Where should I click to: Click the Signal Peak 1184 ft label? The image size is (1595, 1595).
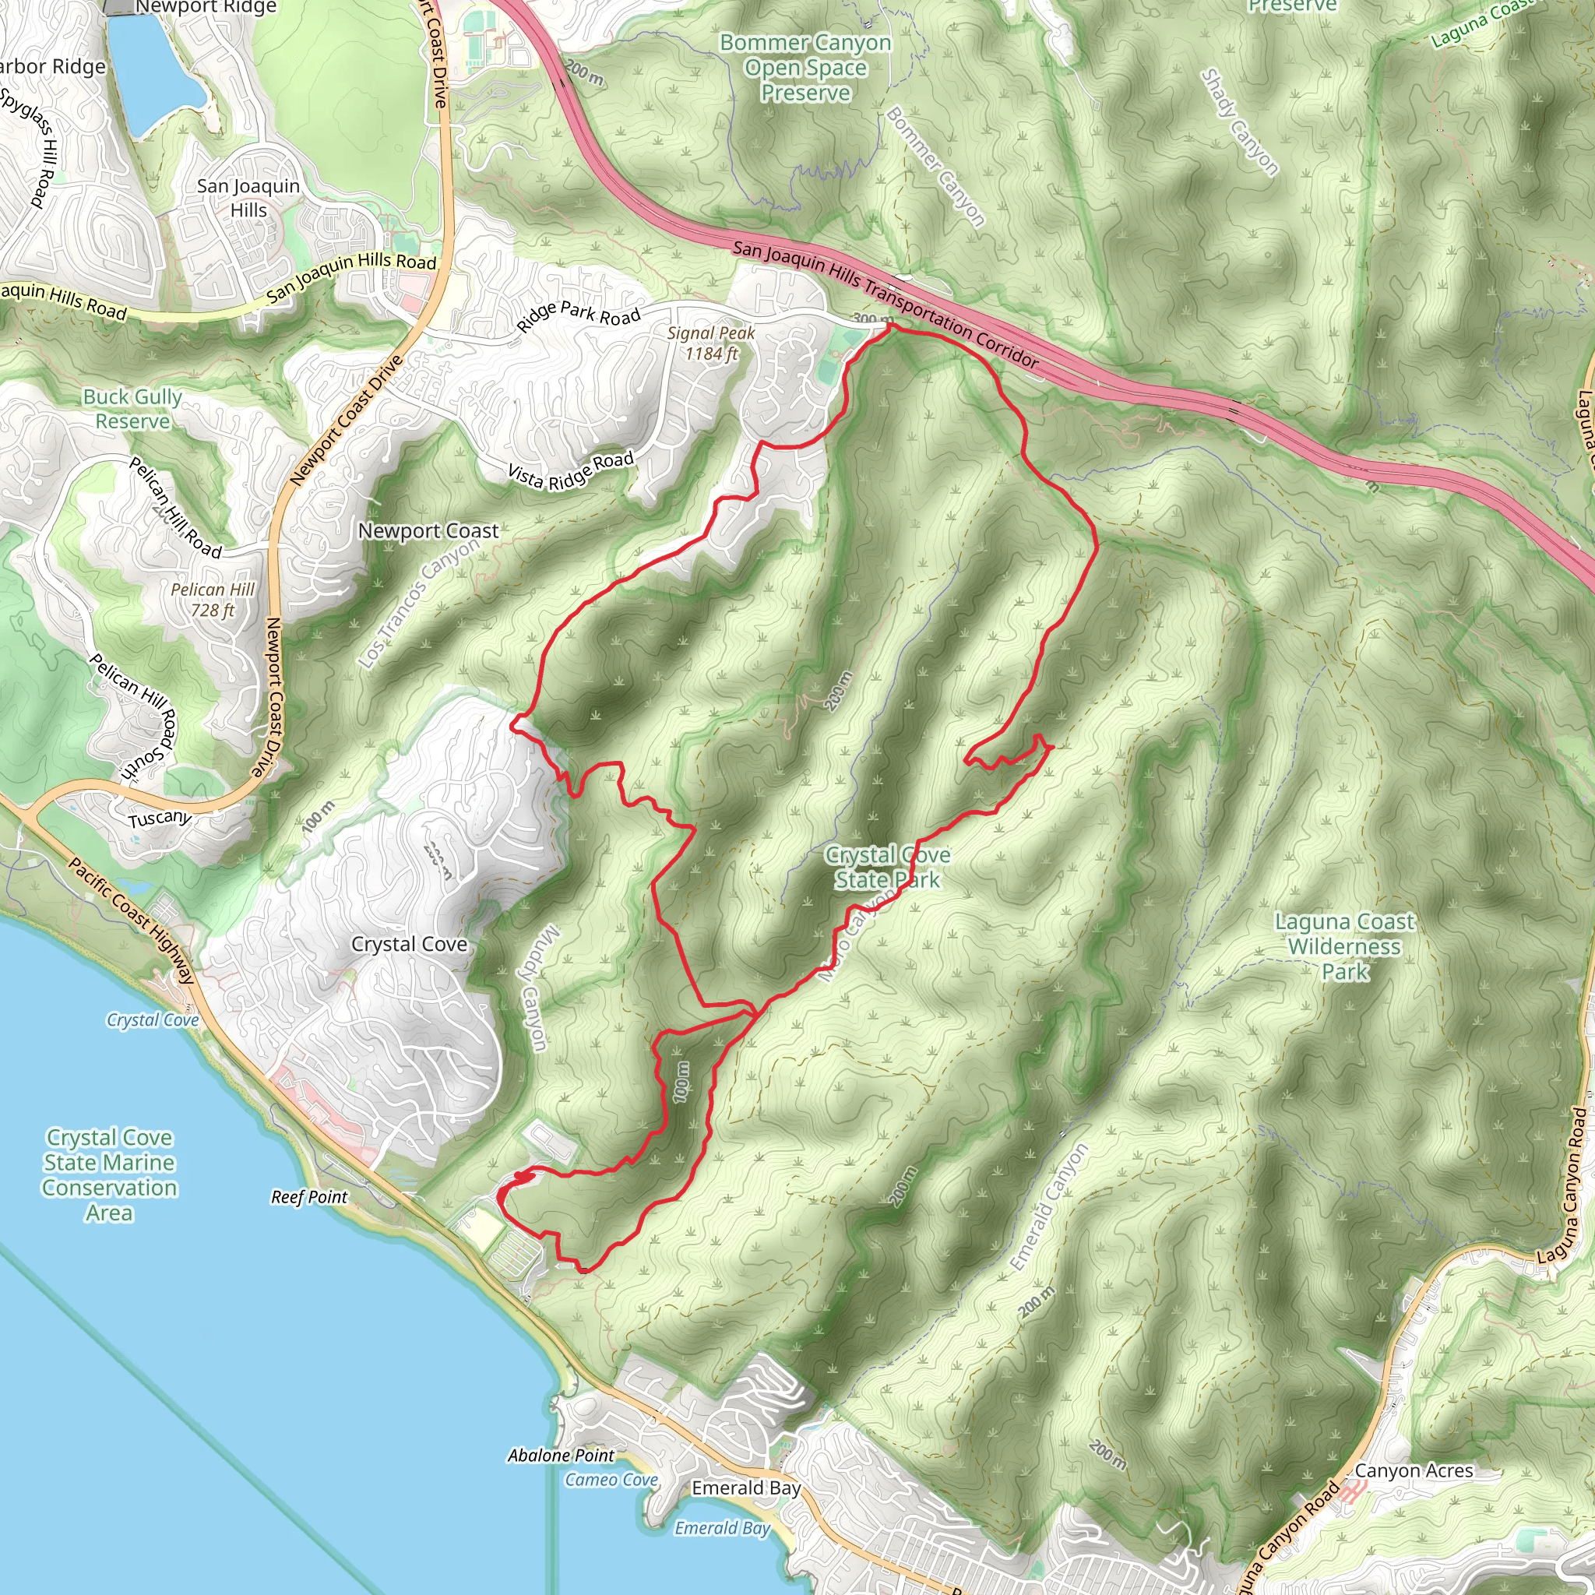[x=711, y=343]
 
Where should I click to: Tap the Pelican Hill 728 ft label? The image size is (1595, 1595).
[x=213, y=600]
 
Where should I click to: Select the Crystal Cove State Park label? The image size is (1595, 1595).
[x=888, y=868]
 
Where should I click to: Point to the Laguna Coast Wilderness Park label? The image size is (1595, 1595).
[x=1344, y=946]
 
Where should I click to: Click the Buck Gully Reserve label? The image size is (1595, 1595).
[x=132, y=409]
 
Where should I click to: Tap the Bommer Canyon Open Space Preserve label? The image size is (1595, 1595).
[x=805, y=68]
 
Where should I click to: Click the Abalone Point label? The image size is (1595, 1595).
[x=561, y=1456]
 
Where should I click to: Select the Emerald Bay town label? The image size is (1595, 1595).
[x=745, y=1488]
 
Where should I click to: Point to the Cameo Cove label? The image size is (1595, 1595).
[x=611, y=1480]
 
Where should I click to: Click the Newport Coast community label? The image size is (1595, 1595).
[x=428, y=531]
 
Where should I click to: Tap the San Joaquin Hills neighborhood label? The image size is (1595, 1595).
[x=248, y=198]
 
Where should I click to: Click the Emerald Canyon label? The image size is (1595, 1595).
[x=1048, y=1208]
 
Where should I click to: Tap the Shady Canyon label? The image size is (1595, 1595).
[x=1238, y=122]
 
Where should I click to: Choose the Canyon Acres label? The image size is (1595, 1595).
[x=1414, y=1470]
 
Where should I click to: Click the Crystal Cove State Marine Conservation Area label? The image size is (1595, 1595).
[x=110, y=1174]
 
